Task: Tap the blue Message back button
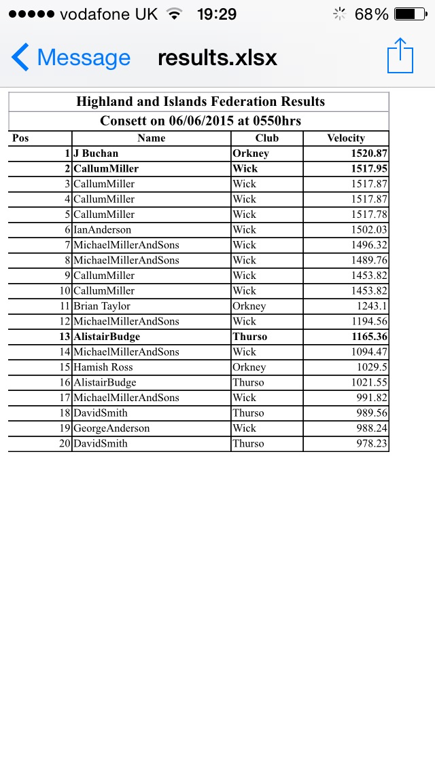coord(71,58)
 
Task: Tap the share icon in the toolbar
coord(400,56)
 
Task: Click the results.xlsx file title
coord(217,58)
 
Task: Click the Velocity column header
coord(346,138)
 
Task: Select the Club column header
coord(267,138)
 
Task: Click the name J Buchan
coord(96,153)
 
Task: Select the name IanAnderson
coord(102,229)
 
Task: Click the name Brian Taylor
coord(102,306)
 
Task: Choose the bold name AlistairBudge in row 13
coord(107,337)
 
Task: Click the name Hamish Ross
coord(103,367)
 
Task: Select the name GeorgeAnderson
coord(111,428)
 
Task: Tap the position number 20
coord(65,443)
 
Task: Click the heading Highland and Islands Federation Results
coord(201,102)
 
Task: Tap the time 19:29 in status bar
coord(217,14)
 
